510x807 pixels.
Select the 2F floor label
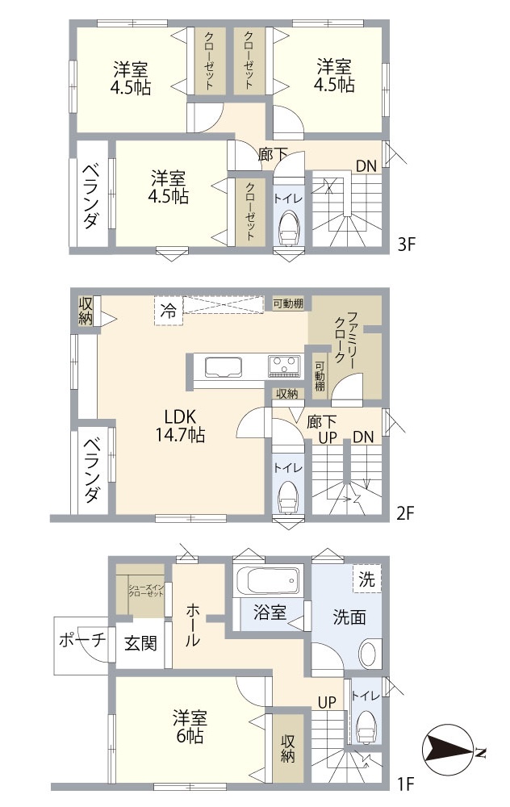coord(405,512)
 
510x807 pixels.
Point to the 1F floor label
coord(405,782)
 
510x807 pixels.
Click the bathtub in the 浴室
coord(266,582)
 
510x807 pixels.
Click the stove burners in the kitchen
coord(284,366)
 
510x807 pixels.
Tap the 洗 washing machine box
coord(366,578)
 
